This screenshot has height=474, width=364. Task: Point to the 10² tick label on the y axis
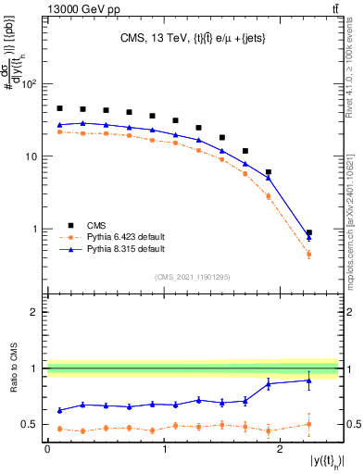point(31,84)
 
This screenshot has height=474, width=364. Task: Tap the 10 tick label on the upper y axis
point(32,156)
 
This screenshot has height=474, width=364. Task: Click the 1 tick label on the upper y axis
point(36,229)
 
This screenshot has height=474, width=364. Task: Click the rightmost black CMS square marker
point(308,233)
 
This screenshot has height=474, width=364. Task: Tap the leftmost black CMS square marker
point(59,108)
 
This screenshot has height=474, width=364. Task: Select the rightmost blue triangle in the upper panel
point(308,238)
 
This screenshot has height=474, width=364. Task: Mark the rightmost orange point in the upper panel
point(308,254)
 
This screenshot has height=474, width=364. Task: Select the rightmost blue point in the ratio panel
point(308,380)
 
